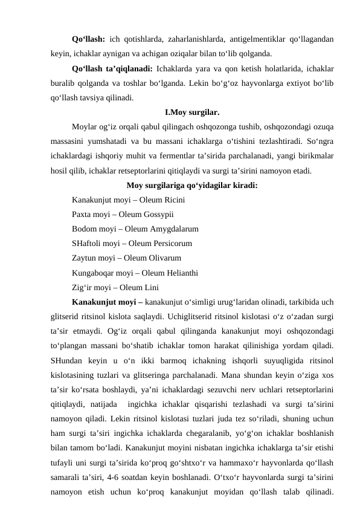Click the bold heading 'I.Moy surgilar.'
click(x=192, y=112)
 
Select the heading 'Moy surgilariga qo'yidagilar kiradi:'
click(x=192, y=186)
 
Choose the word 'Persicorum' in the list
click(x=171, y=244)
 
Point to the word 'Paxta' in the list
click(x=82, y=215)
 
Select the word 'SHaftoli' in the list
click(x=88, y=244)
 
